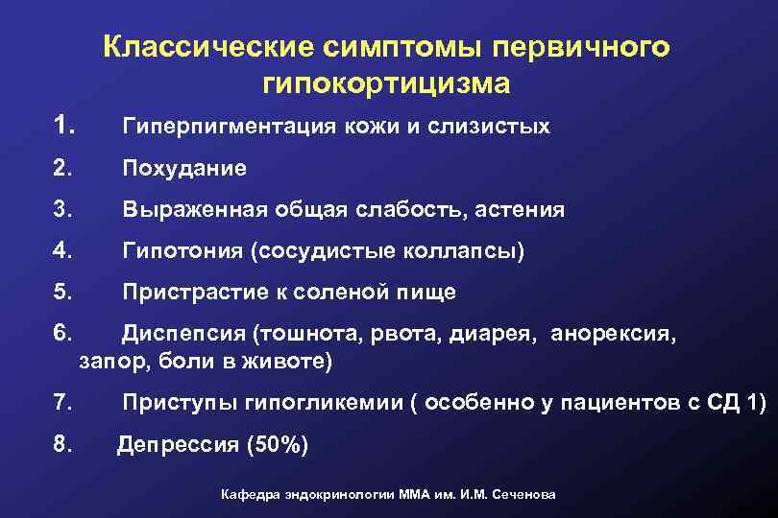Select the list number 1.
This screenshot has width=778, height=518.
pyautogui.click(x=64, y=125)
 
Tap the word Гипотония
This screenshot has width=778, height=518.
pyautogui.click(x=182, y=250)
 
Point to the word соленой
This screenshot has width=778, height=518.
pyautogui.click(x=356, y=292)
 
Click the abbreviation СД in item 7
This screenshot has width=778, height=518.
pyautogui.click(x=724, y=404)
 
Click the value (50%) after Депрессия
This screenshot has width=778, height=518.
pyautogui.click(x=278, y=445)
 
